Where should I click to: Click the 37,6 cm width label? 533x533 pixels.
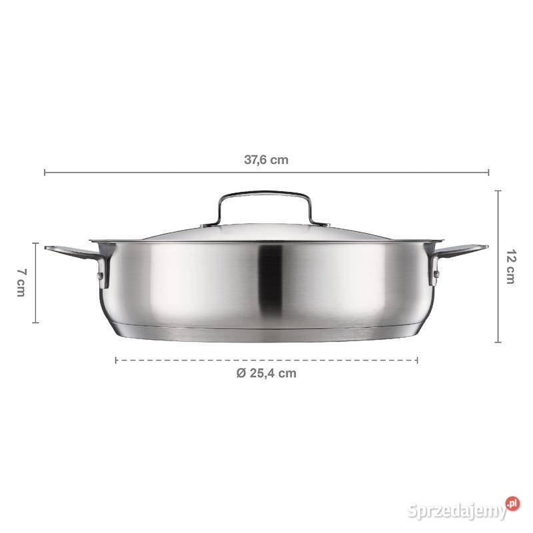click(266, 160)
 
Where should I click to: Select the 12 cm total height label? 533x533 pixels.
click(510, 266)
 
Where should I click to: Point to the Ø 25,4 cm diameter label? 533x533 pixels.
click(266, 373)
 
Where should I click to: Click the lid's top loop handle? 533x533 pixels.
click(266, 196)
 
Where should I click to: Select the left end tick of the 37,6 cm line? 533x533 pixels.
click(45, 173)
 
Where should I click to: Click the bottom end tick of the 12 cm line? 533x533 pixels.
click(498, 342)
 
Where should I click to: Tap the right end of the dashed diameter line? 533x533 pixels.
click(418, 360)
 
